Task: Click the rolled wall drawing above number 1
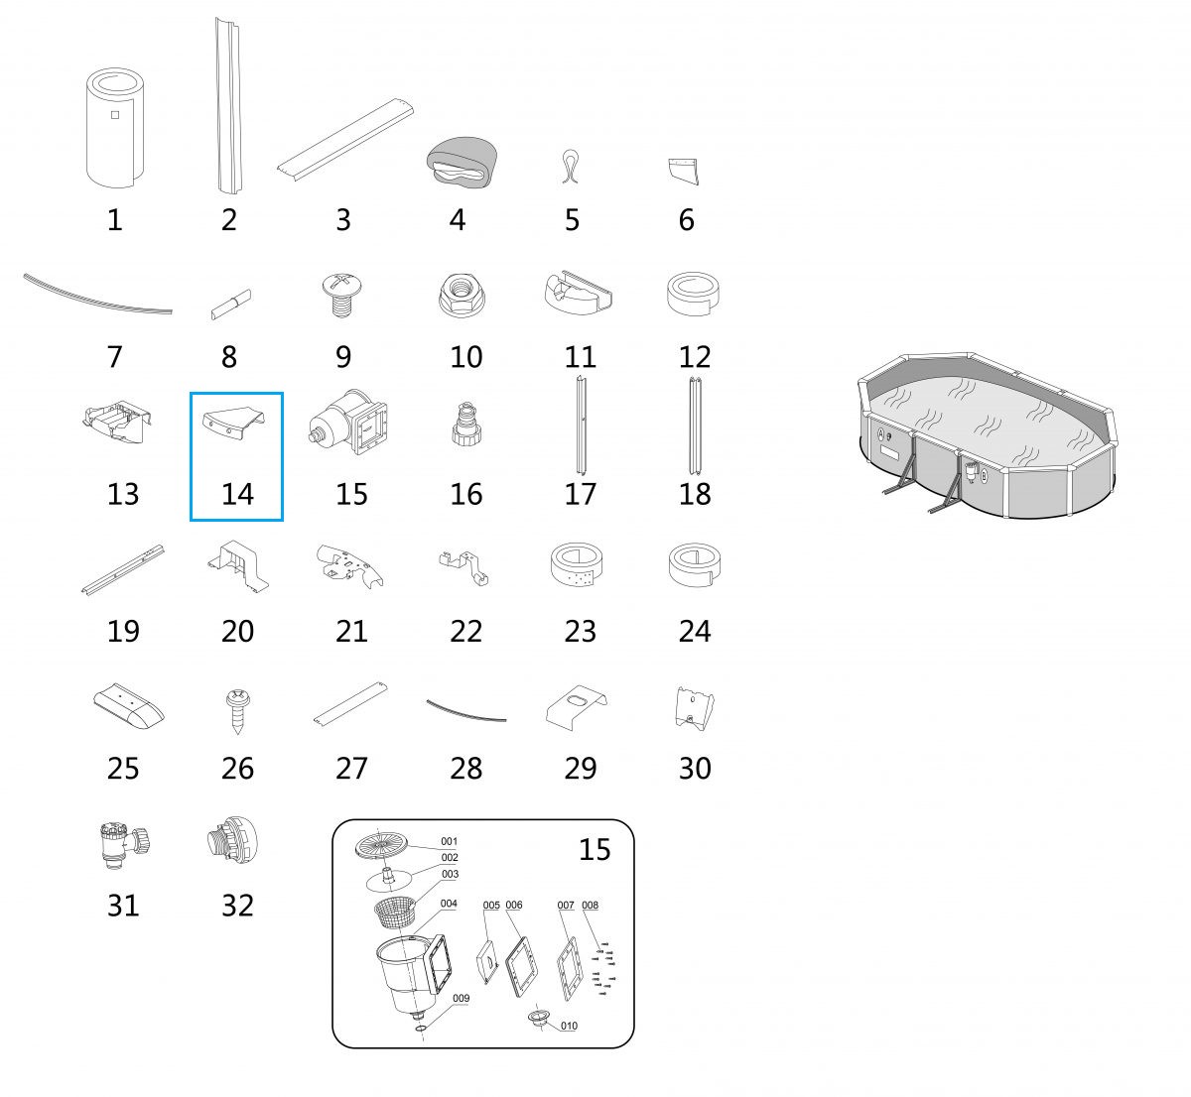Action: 115,128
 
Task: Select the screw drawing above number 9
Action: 341,295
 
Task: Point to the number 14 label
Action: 237,494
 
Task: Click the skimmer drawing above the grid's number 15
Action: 348,422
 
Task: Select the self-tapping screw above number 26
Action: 237,711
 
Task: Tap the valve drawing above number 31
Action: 123,845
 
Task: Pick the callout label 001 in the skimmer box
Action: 450,841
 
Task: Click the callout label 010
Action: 569,1026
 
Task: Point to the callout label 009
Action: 461,998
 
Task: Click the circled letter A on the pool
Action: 881,433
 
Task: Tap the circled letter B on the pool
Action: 984,475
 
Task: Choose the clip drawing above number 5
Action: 570,167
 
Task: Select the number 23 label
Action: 580,631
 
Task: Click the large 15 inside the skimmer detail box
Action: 595,849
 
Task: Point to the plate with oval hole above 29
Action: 575,707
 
